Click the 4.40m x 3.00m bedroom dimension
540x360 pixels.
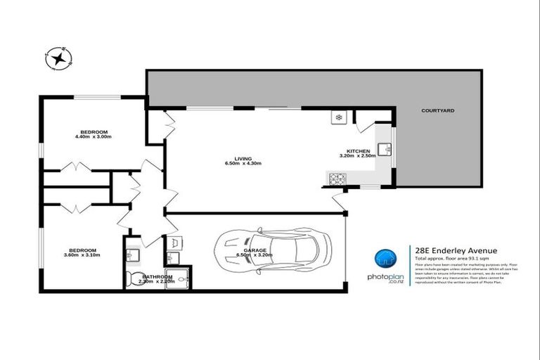[94, 138]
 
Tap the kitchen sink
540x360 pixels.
[384, 149]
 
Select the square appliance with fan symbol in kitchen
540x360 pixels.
[339, 116]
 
